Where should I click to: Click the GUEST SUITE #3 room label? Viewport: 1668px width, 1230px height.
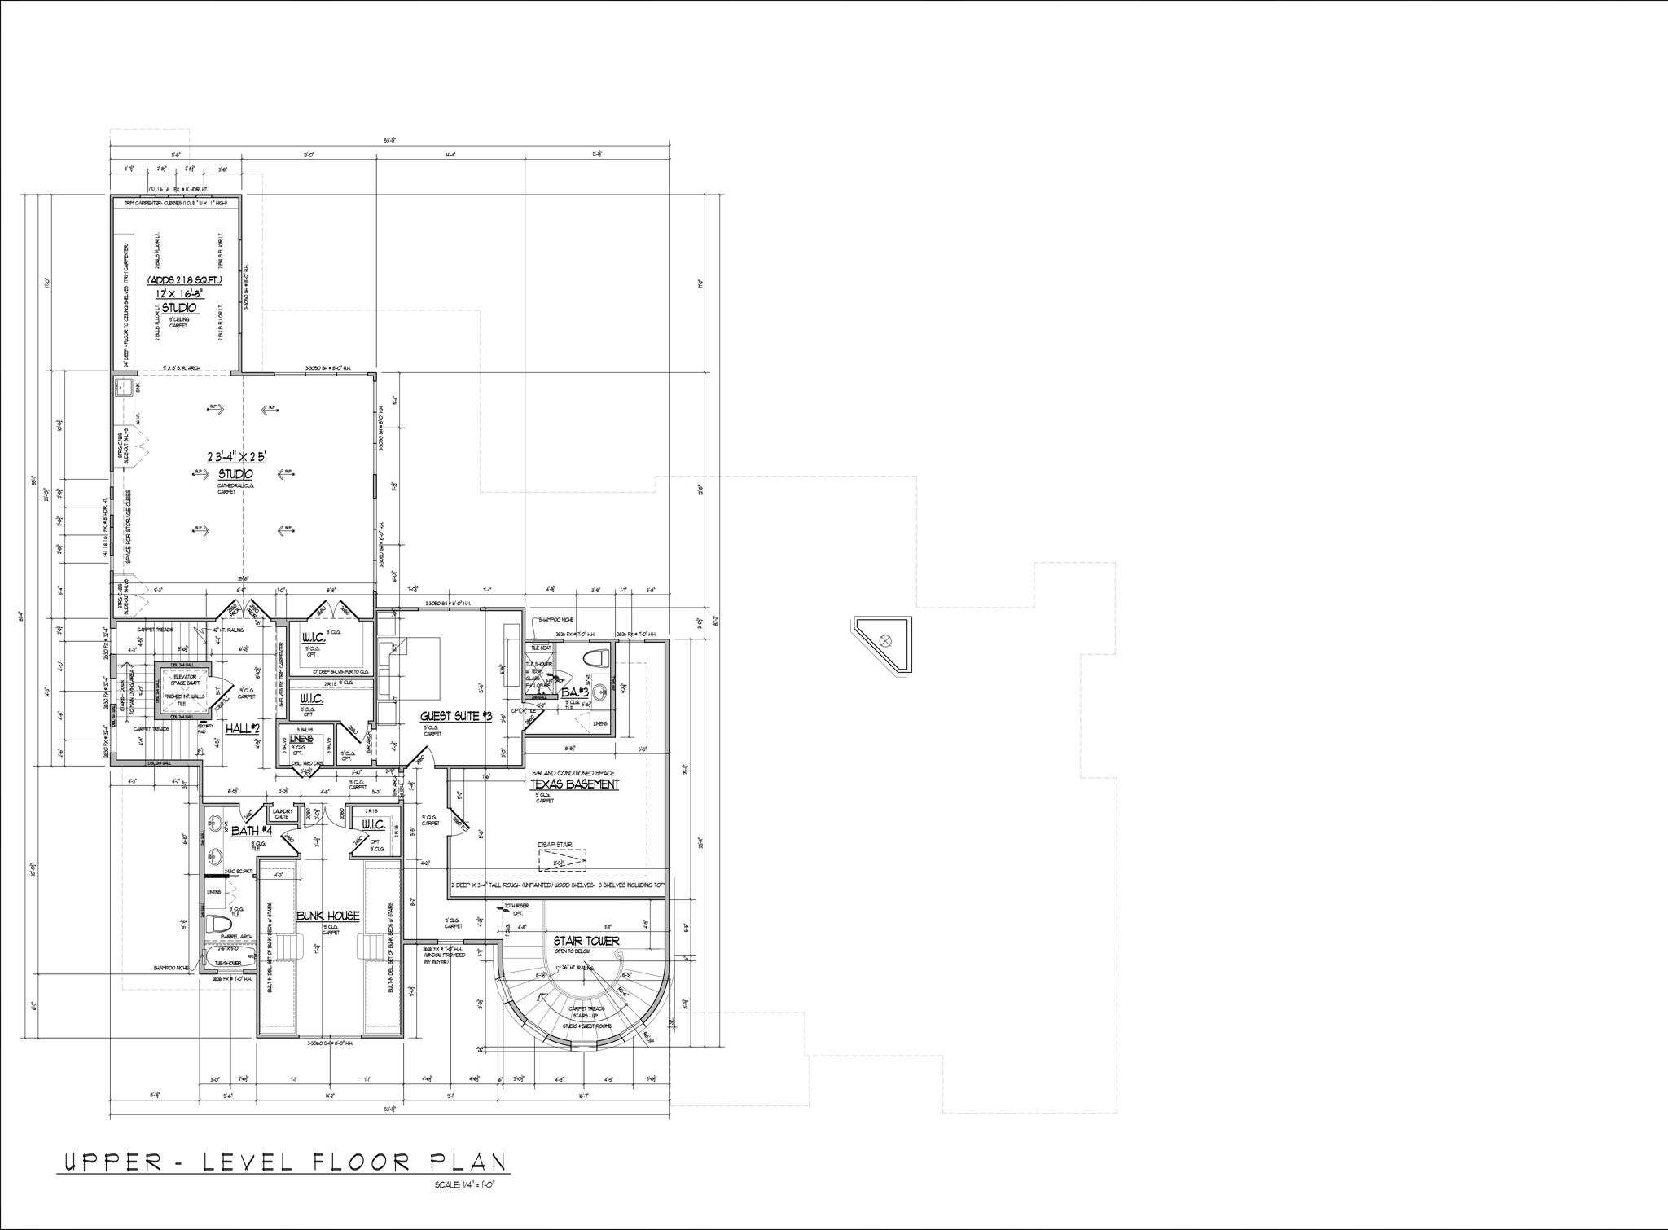[456, 716]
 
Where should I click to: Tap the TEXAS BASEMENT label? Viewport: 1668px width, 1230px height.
[575, 784]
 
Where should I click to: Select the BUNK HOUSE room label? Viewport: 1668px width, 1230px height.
[328, 916]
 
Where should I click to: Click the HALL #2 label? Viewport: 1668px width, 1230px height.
[242, 728]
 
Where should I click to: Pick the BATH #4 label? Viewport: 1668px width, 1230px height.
[251, 832]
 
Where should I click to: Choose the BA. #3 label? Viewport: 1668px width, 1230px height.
[574, 692]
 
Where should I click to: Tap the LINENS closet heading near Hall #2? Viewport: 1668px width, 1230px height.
[301, 739]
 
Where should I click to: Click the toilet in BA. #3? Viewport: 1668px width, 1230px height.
[598, 657]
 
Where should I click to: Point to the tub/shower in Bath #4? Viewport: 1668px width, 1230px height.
[229, 954]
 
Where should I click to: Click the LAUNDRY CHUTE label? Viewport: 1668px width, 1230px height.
[283, 814]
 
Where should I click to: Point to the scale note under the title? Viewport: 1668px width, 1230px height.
[465, 1185]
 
